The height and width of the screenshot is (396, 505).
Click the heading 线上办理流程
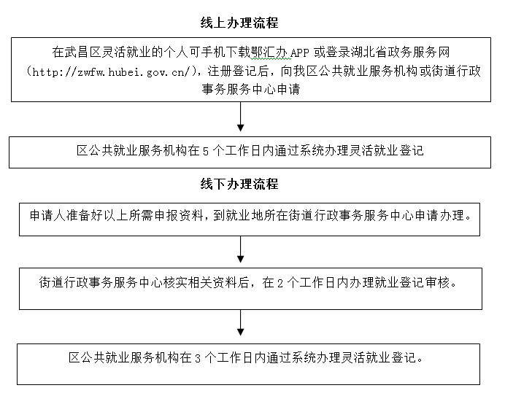239,23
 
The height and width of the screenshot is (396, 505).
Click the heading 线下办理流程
239,185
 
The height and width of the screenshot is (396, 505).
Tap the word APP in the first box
299,53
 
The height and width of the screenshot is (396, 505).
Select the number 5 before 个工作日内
206,151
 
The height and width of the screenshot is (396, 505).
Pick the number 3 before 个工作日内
198,358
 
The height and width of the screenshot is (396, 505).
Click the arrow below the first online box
240,117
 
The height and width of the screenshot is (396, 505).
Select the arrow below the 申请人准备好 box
240,249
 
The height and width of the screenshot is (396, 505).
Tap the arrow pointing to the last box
240,323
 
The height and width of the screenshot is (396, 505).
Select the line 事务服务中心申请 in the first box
250,89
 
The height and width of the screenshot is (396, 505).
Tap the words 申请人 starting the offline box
48,215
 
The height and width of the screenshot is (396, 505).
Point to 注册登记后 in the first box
238,71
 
